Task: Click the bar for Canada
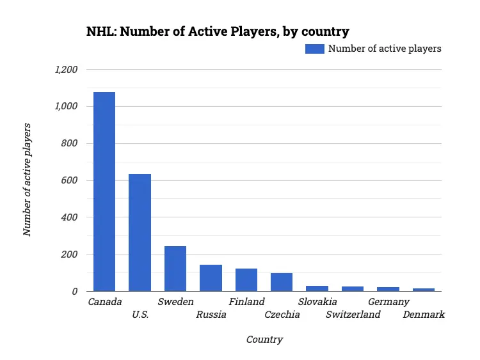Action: (x=104, y=192)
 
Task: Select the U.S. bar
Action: (x=140, y=233)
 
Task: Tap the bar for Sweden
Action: (x=175, y=269)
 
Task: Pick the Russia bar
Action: (x=211, y=278)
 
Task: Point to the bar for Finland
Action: (x=246, y=280)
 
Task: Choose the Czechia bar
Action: (x=282, y=282)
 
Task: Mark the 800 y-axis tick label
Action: (x=69, y=143)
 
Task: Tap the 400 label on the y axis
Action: (x=69, y=217)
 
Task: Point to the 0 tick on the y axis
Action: (x=75, y=292)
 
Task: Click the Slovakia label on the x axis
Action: (x=317, y=302)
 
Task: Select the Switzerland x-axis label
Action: (x=353, y=315)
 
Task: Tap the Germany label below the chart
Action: (x=388, y=302)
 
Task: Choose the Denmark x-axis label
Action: (x=424, y=315)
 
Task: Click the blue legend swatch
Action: (x=315, y=49)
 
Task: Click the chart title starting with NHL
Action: (x=218, y=31)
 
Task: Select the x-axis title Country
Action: (x=264, y=340)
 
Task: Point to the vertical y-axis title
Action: (x=28, y=180)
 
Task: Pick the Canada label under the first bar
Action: (x=105, y=302)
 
